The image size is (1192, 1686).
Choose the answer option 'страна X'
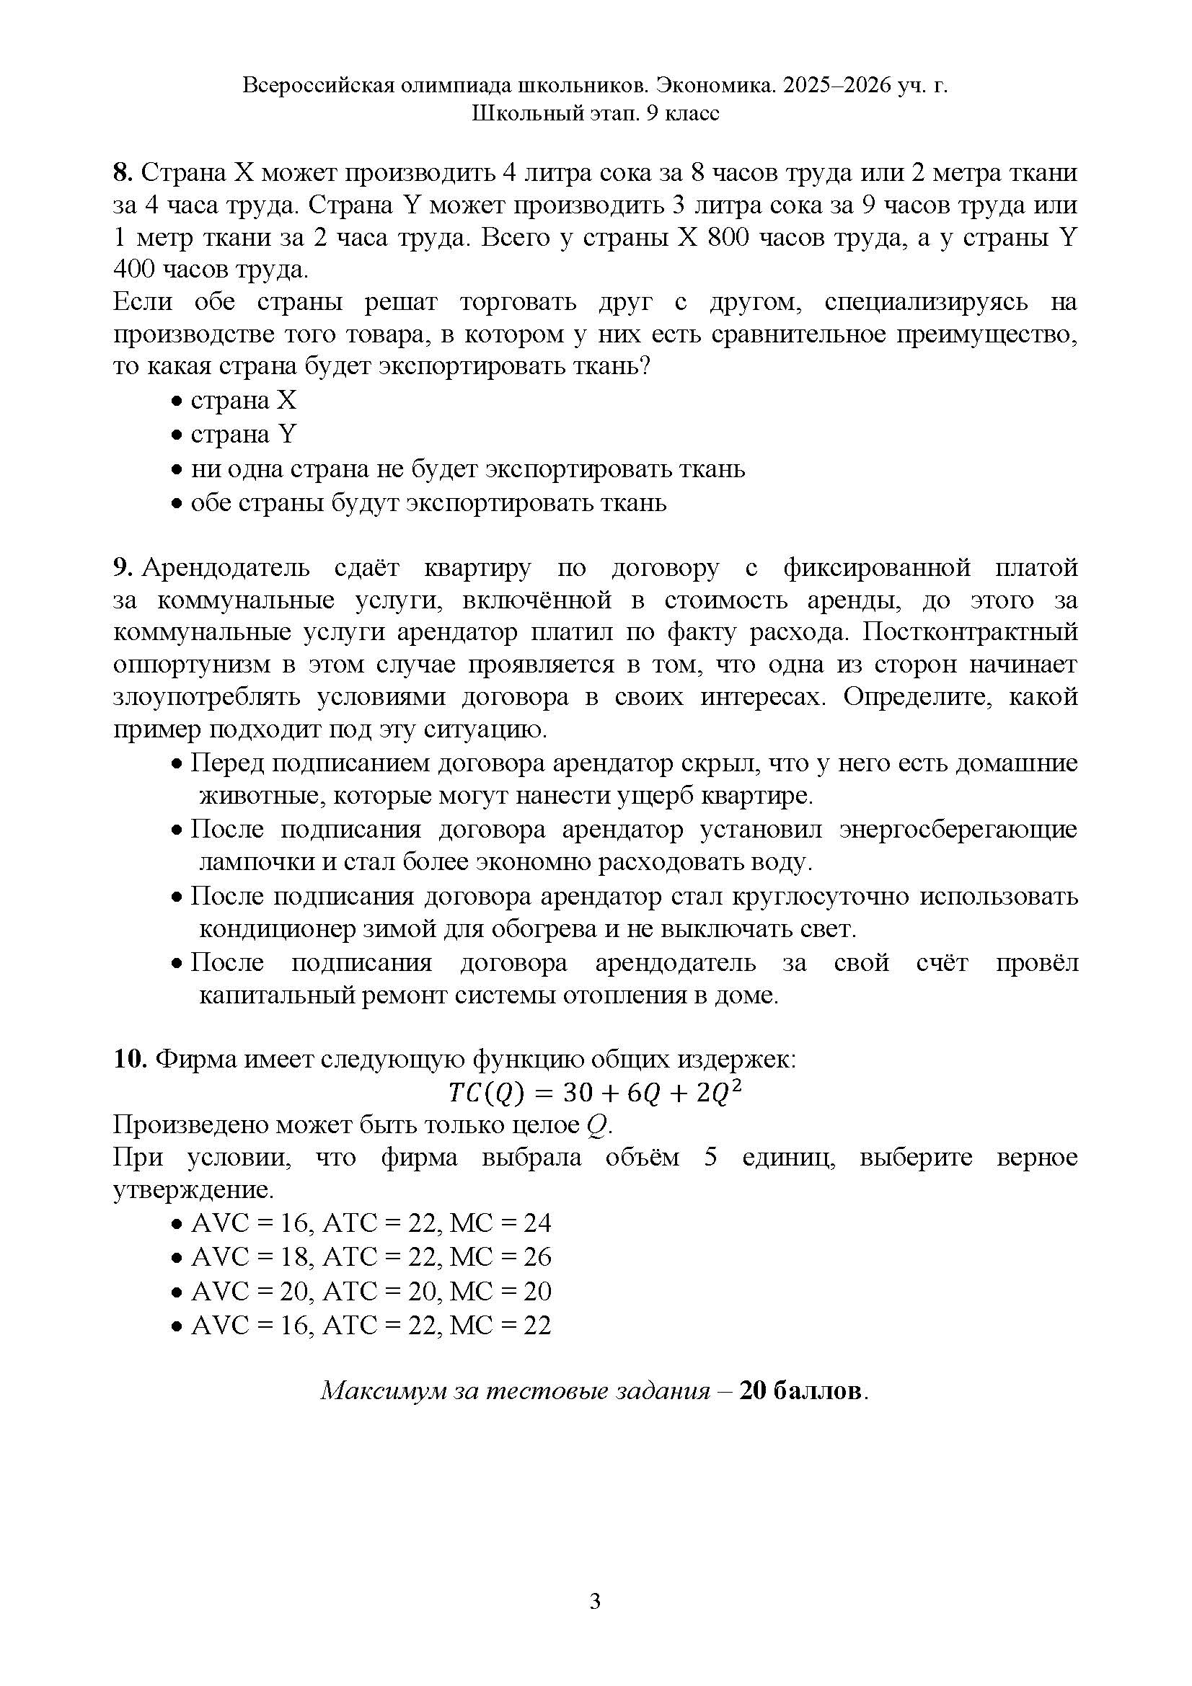[x=243, y=401]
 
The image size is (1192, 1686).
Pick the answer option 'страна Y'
[x=243, y=435]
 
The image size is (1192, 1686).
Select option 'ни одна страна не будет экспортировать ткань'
[x=467, y=469]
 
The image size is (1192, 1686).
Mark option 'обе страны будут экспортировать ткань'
[x=428, y=503]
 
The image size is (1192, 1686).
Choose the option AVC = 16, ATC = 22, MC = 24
[x=370, y=1223]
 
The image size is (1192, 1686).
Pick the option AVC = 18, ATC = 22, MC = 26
[x=370, y=1257]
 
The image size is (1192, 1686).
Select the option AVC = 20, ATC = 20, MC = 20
[x=370, y=1291]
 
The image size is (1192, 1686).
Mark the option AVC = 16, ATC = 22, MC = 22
[x=370, y=1326]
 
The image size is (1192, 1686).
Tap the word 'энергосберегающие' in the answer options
[x=958, y=830]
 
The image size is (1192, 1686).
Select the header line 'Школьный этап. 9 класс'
[x=596, y=114]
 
